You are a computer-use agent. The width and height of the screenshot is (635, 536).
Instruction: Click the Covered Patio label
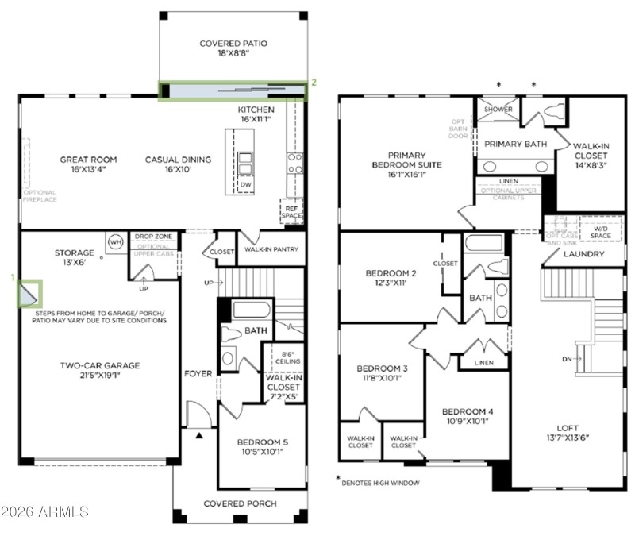click(233, 49)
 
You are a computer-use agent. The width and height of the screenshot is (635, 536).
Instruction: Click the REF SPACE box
click(291, 211)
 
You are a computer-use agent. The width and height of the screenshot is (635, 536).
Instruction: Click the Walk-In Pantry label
click(271, 250)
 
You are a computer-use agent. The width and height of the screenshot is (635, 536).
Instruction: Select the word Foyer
click(198, 373)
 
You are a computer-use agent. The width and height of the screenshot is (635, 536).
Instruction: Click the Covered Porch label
click(240, 504)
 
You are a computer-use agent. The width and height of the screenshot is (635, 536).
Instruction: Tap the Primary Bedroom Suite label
click(407, 160)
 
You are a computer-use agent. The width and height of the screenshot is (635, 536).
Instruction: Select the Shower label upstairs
click(498, 110)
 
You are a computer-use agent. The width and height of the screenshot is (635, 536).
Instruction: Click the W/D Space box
click(601, 232)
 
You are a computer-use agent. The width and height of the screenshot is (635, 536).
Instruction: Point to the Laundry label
click(584, 254)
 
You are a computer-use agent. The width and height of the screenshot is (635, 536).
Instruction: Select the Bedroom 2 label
click(391, 278)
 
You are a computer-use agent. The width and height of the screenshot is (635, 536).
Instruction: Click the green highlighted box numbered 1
click(30, 293)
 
